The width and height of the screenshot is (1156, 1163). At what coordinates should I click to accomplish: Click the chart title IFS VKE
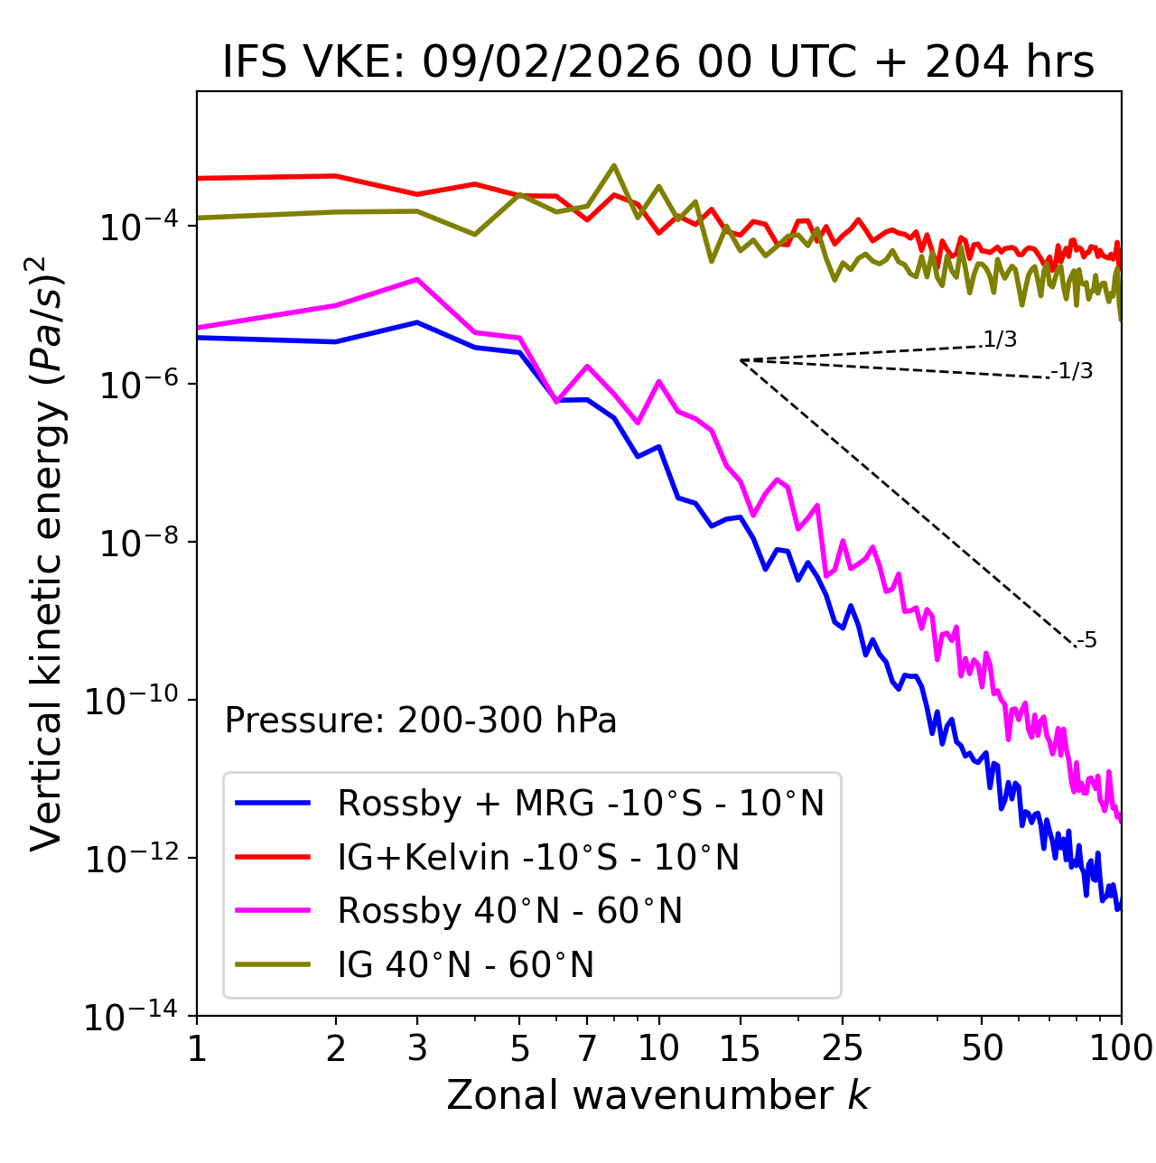658,63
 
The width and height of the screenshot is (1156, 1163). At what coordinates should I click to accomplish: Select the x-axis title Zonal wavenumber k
658,1095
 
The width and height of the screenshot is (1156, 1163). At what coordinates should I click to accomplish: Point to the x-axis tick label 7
587,1048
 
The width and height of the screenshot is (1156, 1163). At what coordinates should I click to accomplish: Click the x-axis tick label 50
982,1048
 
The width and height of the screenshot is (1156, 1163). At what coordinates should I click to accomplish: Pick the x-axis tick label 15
740,1048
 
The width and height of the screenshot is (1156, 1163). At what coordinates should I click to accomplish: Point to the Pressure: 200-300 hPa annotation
420,721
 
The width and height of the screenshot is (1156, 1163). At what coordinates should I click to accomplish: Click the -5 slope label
1087,640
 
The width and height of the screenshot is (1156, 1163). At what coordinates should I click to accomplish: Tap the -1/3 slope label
1073,370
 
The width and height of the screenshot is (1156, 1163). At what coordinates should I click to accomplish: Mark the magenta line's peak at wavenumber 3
417,279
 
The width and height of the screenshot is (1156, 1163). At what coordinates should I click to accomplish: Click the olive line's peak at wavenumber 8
614,165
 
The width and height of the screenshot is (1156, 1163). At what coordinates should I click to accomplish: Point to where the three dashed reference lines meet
741,360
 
